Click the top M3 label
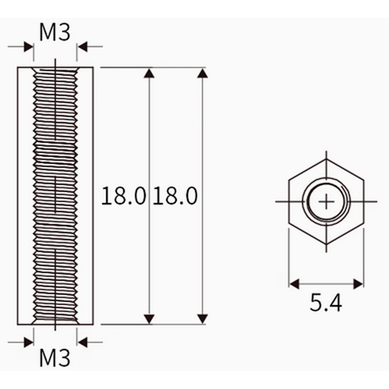pyautogui.click(x=55, y=32)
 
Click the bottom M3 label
pyautogui.click(x=55, y=358)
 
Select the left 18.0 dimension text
pyautogui.click(x=123, y=196)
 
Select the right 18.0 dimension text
pyautogui.click(x=176, y=196)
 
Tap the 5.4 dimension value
pyautogui.click(x=325, y=303)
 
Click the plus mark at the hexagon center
pyautogui.click(x=326, y=202)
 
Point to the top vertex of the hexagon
pyautogui.click(x=326, y=159)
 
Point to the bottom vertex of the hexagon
pyautogui.click(x=326, y=244)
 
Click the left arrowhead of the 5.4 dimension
pyautogui.click(x=294, y=284)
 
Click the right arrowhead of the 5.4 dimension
pyautogui.click(x=359, y=284)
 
